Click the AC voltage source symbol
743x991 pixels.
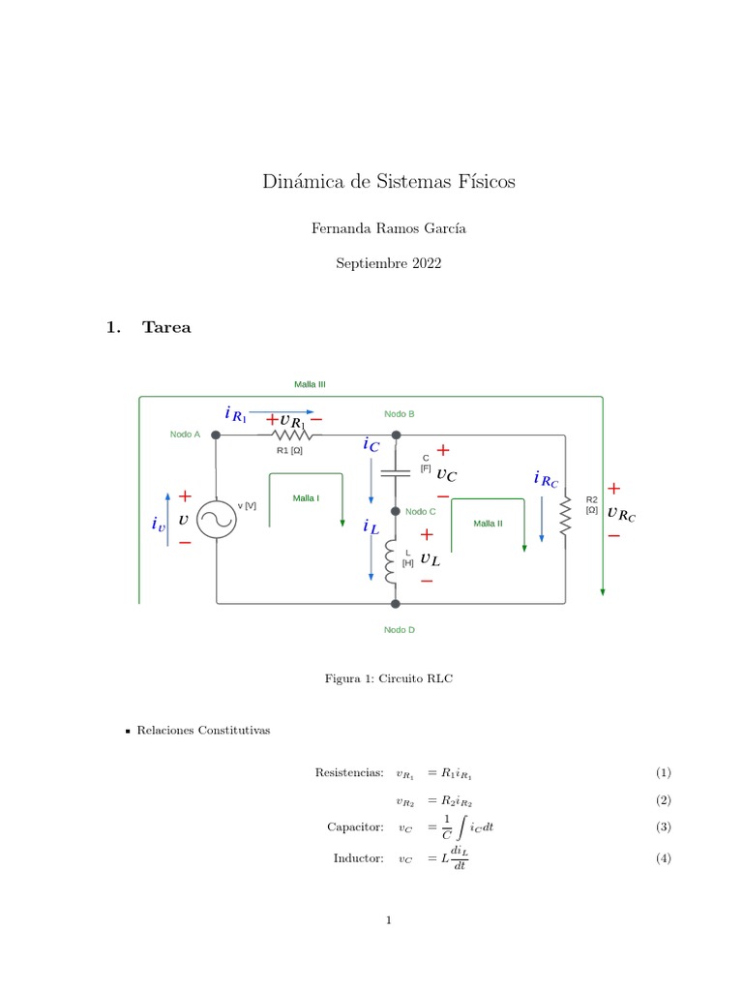pos(216,521)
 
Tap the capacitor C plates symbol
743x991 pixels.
pos(395,473)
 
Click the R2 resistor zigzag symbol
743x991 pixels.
pos(565,520)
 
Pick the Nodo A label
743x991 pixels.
pos(185,435)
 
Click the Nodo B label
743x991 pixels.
pos(400,413)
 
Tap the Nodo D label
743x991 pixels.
pos(399,630)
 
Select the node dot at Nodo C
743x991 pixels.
pos(395,511)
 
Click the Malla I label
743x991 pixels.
pos(306,498)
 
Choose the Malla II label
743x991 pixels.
pos(488,524)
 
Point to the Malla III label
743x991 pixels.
pos(310,384)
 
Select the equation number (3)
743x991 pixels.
pos(663,826)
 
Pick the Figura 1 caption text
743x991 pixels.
pos(388,679)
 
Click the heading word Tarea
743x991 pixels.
pos(166,327)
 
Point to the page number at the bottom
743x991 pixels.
pos(388,920)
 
